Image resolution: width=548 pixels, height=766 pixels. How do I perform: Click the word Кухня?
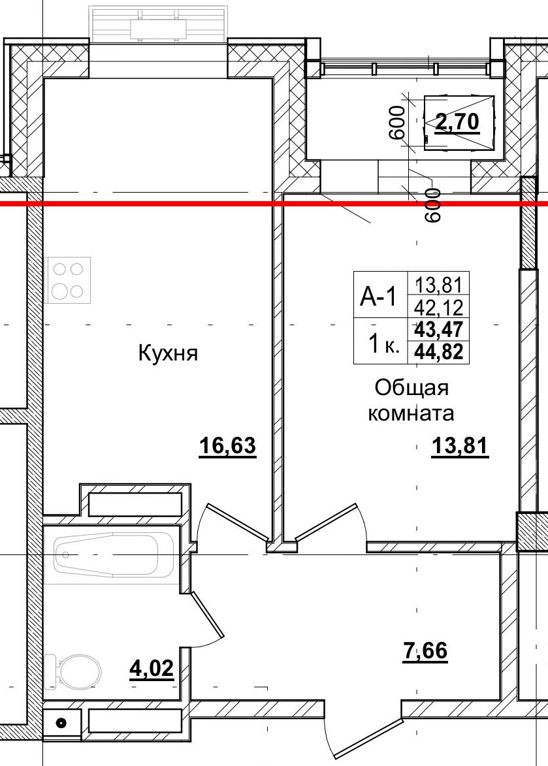[168, 354]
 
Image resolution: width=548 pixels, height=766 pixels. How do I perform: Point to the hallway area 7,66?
[425, 651]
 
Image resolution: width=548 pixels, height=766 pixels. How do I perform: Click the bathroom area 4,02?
[152, 669]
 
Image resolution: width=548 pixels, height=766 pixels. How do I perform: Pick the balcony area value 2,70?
[458, 121]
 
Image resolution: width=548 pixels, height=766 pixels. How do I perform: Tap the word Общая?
[411, 387]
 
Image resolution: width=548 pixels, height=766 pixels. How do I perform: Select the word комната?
[411, 413]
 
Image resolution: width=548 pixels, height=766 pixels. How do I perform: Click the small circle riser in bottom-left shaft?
[62, 723]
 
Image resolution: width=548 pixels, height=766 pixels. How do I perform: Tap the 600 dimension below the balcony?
[432, 204]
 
